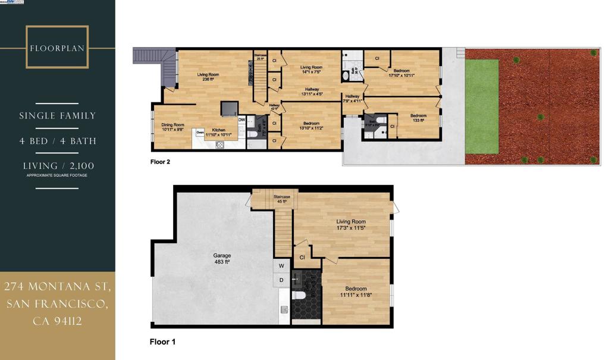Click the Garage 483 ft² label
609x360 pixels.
click(x=222, y=258)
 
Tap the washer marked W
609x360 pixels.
click(x=281, y=265)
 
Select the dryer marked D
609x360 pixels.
click(x=281, y=280)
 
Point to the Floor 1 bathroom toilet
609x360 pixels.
click(x=299, y=294)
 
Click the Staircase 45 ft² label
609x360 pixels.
click(x=281, y=199)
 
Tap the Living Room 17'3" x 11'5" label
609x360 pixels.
click(x=351, y=224)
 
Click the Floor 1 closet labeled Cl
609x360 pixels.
click(x=302, y=257)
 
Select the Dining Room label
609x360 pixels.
click(x=173, y=127)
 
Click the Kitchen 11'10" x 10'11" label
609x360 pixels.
click(x=219, y=132)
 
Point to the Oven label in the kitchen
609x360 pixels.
click(x=200, y=132)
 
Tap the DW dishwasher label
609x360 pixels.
click(x=241, y=120)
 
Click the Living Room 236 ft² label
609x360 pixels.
click(x=208, y=77)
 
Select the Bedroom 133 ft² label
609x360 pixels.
click(x=418, y=118)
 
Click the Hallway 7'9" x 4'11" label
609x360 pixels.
click(x=352, y=98)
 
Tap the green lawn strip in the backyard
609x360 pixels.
click(x=481, y=107)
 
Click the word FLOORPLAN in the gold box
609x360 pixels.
click(x=58, y=48)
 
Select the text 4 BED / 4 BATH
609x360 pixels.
click(x=58, y=141)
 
